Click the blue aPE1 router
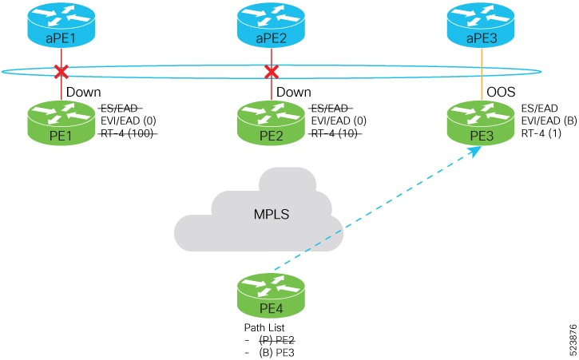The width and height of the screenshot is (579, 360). click(61, 25)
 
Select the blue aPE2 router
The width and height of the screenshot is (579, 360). click(272, 25)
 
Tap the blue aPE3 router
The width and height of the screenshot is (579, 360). click(481, 25)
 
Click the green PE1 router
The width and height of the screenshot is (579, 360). click(61, 123)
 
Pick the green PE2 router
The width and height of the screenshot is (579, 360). click(272, 123)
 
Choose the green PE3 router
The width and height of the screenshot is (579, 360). click(481, 123)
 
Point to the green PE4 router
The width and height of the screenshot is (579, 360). click(272, 295)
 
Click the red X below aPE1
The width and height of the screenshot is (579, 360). click(61, 72)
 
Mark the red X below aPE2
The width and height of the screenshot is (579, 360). click(272, 72)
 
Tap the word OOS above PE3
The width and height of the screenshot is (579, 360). click(501, 92)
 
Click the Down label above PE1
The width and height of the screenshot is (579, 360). click(83, 92)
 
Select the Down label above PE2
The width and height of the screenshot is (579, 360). click(294, 92)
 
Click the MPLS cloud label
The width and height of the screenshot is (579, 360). click(272, 214)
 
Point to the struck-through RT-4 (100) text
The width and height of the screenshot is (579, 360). click(128, 133)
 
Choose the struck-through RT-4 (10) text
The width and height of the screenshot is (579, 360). click(335, 133)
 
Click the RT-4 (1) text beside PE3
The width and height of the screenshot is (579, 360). click(541, 133)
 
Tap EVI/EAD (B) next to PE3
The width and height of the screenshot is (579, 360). click(549, 121)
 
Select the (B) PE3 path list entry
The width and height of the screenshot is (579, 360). click(276, 353)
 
